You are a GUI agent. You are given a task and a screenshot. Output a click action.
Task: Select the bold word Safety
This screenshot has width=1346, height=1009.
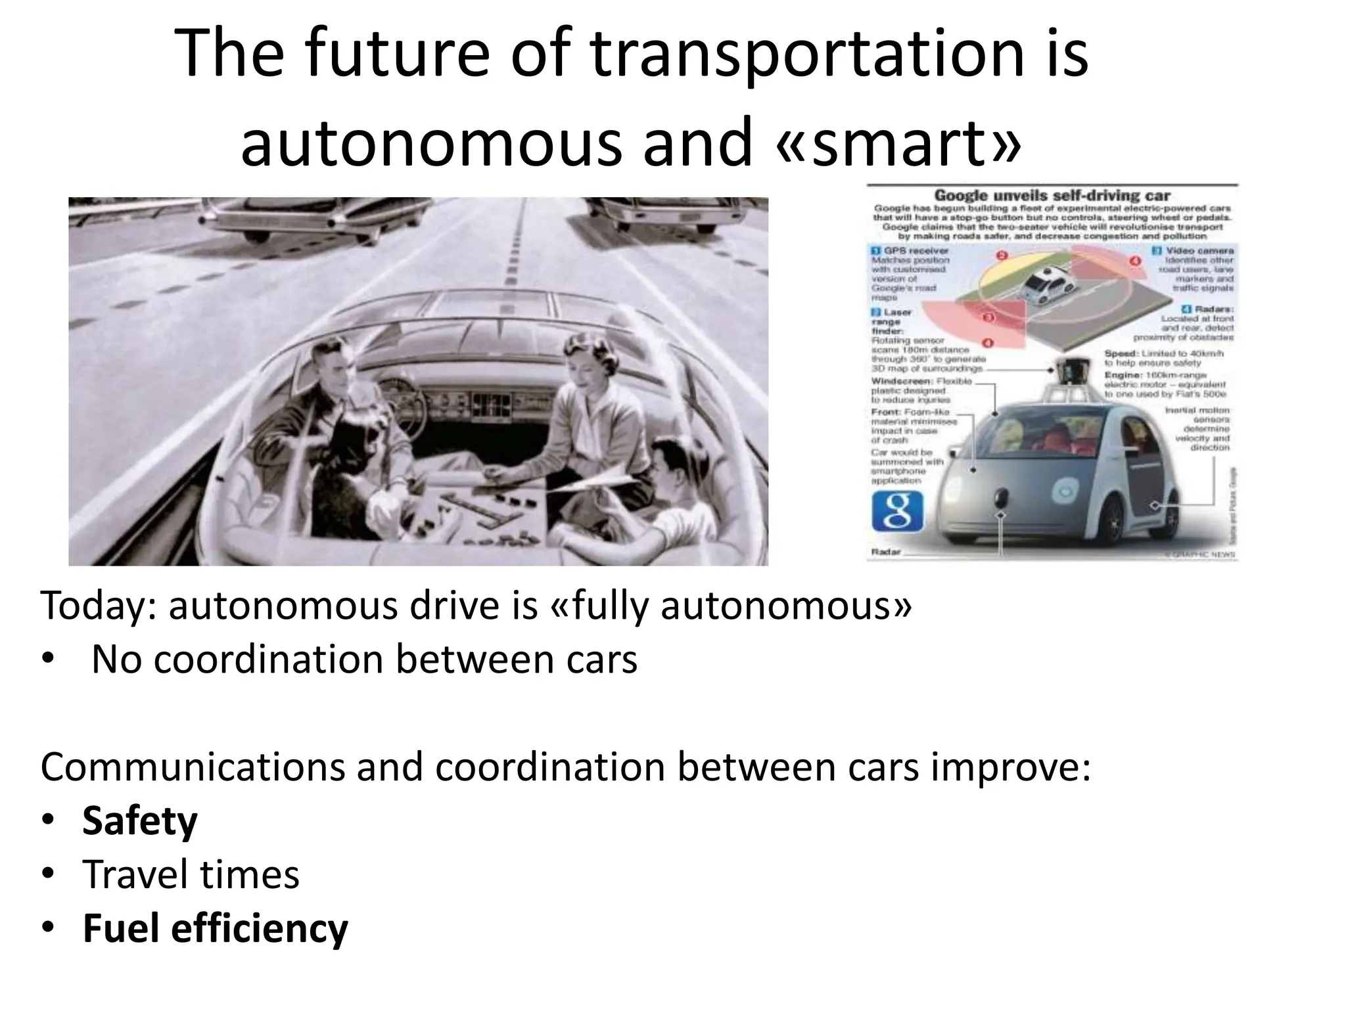click(139, 821)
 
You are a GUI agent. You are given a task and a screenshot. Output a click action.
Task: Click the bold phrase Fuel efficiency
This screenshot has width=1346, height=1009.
click(215, 928)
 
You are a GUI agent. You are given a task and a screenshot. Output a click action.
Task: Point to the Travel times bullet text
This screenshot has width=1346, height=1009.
click(191, 875)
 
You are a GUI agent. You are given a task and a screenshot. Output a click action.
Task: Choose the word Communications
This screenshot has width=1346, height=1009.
click(192, 767)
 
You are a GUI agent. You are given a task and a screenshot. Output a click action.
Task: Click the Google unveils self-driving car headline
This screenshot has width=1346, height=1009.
click(1052, 196)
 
